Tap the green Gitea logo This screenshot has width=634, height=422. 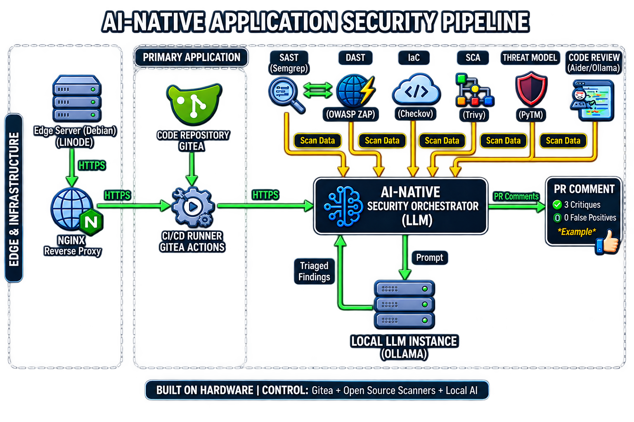tap(194, 104)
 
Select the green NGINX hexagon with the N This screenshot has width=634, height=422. tap(91, 222)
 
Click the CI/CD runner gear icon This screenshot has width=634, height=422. tap(193, 207)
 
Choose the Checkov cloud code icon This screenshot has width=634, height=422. tap(416, 90)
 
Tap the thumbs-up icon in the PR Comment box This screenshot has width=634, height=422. tap(608, 242)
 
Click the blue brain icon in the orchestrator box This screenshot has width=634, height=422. tap(343, 206)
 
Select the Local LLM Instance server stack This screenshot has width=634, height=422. tap(404, 305)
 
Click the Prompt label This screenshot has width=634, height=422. tap(430, 258)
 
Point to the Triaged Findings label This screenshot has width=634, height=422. tap(314, 271)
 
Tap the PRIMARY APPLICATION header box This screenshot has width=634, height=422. tap(192, 57)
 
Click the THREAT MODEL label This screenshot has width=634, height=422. tap(530, 58)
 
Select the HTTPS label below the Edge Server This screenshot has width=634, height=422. tap(92, 165)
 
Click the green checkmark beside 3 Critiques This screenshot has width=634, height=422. tap(557, 204)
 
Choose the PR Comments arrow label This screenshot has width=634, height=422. tap(516, 197)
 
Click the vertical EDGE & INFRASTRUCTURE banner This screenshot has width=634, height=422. tap(14, 198)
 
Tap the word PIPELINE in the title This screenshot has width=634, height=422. tap(486, 22)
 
